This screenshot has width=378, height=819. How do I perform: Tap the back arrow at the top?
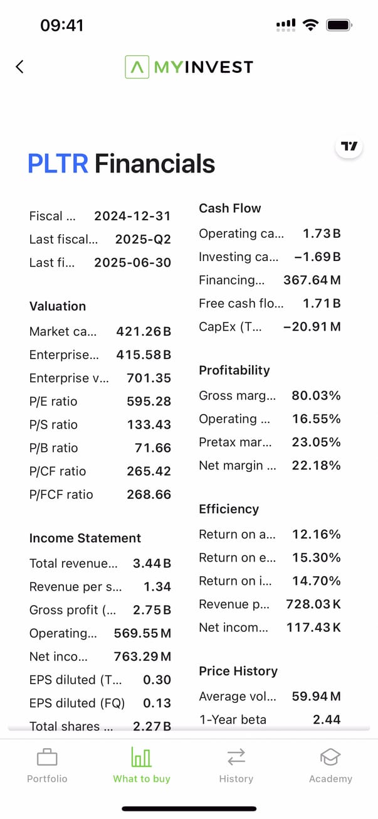[x=20, y=67]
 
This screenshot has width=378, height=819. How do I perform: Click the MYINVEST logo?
[x=189, y=67]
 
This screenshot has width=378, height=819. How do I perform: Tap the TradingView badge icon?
[x=349, y=146]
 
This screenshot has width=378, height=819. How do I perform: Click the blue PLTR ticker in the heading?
[x=58, y=164]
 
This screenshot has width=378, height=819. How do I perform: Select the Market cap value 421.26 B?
[x=144, y=331]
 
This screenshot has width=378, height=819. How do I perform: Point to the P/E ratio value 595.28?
[x=149, y=401]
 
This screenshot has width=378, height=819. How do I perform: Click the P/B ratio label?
[x=54, y=447]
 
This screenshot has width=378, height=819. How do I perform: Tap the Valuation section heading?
[x=58, y=306]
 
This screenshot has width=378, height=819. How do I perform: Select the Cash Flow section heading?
[x=230, y=208]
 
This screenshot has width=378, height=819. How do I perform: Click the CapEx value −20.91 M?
[x=312, y=326]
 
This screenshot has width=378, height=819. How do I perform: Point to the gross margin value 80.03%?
[x=317, y=395]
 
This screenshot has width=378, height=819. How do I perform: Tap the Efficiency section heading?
[x=229, y=509]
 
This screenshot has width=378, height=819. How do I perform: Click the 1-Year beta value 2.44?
[x=327, y=719]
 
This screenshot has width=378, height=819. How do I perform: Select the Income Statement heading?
[x=85, y=538]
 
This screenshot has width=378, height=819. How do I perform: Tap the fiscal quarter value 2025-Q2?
[x=143, y=239]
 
